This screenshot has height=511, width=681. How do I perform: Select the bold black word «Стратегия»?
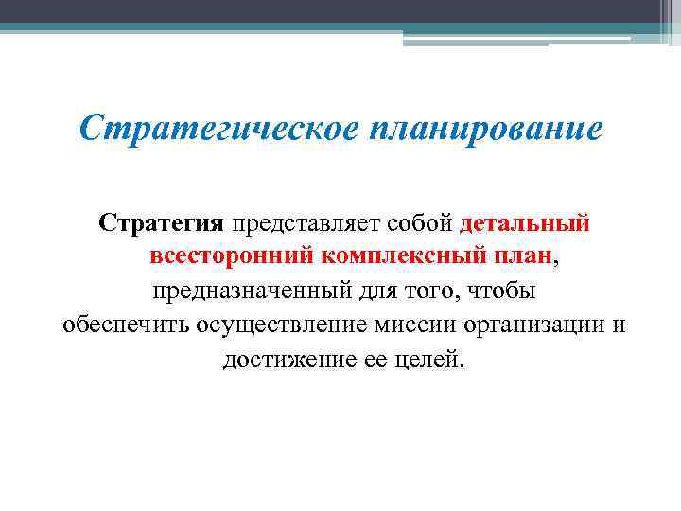click(x=161, y=224)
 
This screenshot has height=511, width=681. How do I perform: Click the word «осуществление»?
click(x=285, y=326)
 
